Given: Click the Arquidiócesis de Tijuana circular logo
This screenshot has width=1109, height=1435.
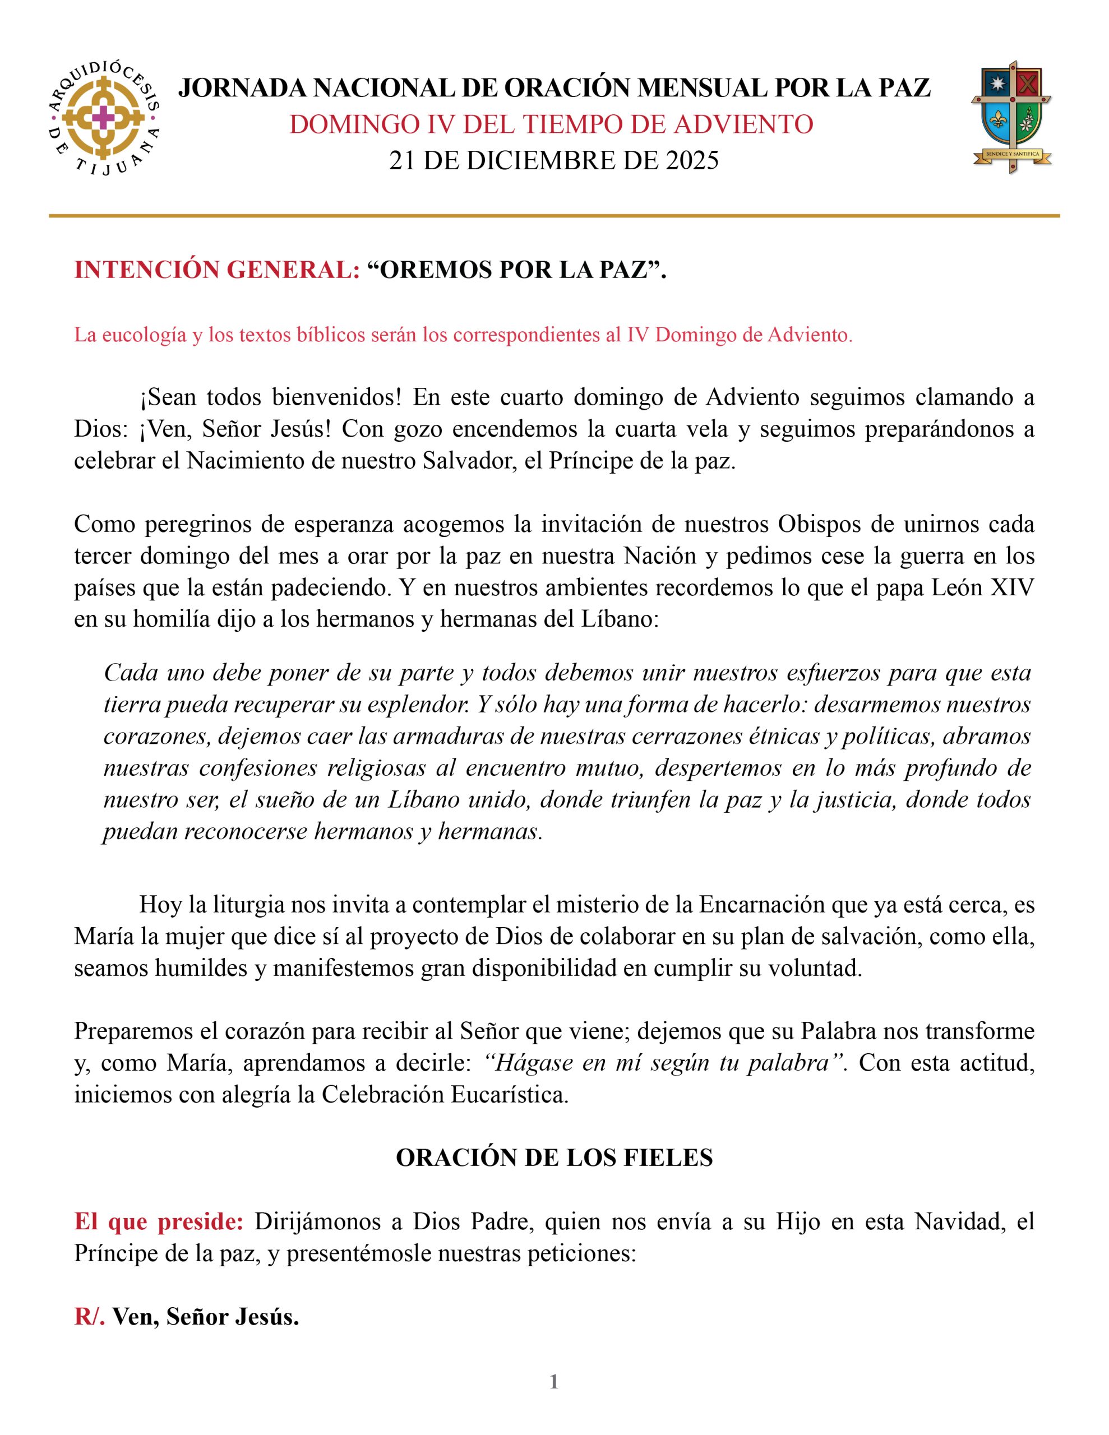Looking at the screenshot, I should click(104, 119).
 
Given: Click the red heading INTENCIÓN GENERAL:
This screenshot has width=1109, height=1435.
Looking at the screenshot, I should click(217, 270).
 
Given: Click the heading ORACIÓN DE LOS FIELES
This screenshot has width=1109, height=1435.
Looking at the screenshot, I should click(553, 1158).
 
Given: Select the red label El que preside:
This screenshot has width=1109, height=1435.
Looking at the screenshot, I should click(159, 1221).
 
